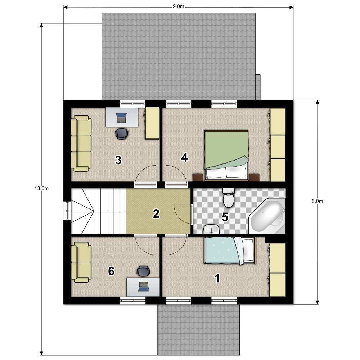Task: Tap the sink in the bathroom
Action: pos(211,229)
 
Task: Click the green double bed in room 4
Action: pos(226,156)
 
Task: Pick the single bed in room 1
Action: pos(230,251)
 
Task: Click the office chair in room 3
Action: pos(122,134)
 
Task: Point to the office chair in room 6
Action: pos(143,271)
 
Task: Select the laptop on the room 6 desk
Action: pos(144,286)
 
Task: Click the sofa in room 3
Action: pos(81,143)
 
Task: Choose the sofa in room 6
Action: pos(81,262)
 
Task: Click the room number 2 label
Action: pos(156,214)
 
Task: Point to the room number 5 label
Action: pos(225,217)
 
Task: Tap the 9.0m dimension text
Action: pos(179,6)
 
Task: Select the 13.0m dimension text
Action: pos(41,189)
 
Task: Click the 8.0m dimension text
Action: pos(317,201)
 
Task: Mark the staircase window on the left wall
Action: pos(67,211)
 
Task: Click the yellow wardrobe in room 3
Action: pos(152,123)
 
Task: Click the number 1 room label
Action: pos(217,278)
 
